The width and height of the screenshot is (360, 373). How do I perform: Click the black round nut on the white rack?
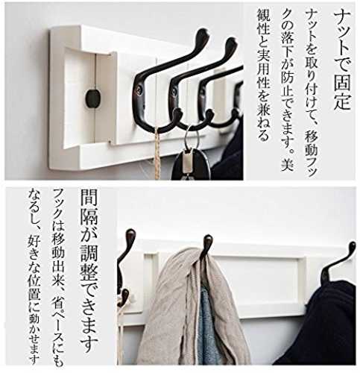click(92, 98)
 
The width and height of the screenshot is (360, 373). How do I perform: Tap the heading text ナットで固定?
click(342, 60)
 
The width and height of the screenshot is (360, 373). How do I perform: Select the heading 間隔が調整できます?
click(89, 270)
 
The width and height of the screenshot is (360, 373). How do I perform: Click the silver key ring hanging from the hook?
click(192, 138)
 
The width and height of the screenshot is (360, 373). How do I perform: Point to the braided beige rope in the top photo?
click(157, 153)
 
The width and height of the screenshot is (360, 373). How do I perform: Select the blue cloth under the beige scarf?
click(206, 326)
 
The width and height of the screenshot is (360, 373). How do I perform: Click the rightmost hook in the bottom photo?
click(338, 263)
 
